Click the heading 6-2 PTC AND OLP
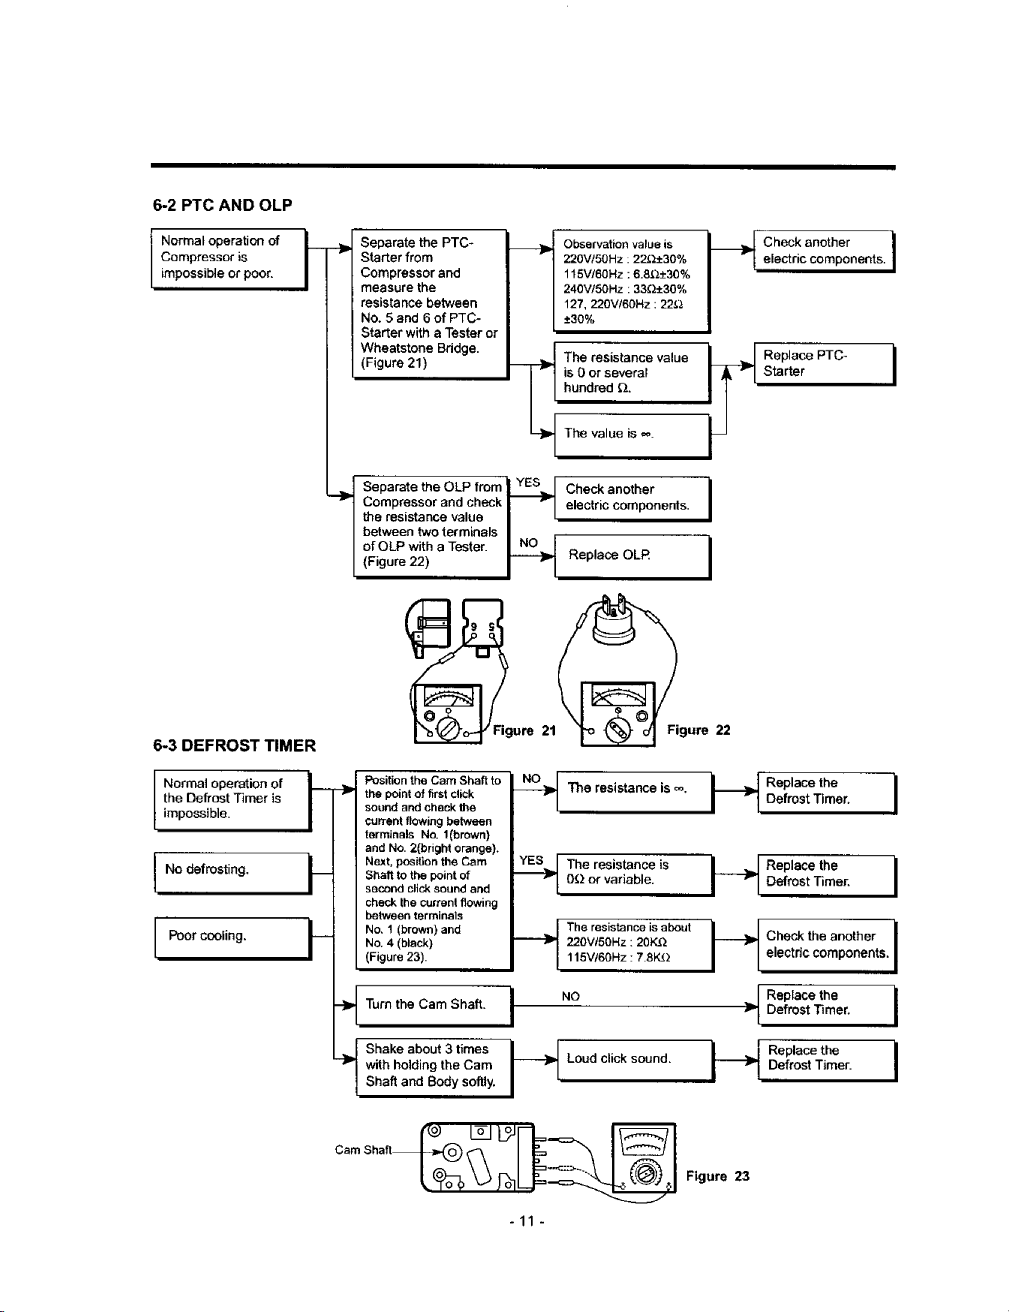(x=223, y=204)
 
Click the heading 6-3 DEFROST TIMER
(x=234, y=745)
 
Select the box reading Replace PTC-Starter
(x=824, y=364)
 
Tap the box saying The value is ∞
(x=632, y=435)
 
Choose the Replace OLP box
(x=632, y=556)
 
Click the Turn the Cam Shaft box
(x=434, y=1005)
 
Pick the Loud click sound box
(x=636, y=1060)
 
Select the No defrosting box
(x=233, y=872)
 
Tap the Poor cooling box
(x=233, y=937)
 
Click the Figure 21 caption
(x=524, y=730)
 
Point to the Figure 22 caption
(x=698, y=730)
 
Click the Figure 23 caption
(x=718, y=1176)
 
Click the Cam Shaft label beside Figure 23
(x=363, y=1150)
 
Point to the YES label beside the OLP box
(x=529, y=483)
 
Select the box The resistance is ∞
(x=635, y=791)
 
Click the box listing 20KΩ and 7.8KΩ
(x=635, y=944)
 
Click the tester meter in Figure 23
(x=644, y=1157)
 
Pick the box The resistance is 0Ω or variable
(x=635, y=874)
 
